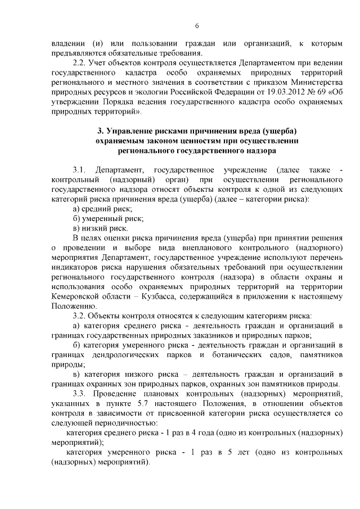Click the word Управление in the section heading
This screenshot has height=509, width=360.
click(x=127, y=131)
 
